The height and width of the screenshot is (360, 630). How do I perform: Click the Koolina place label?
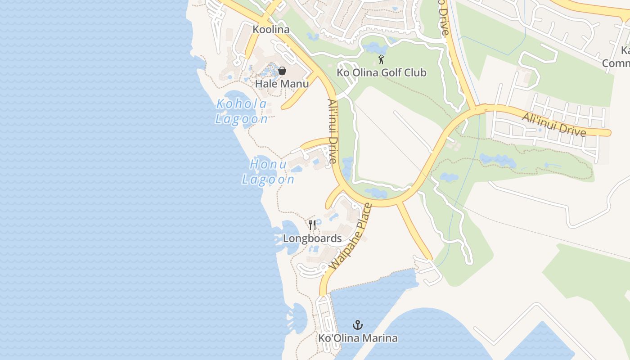271,30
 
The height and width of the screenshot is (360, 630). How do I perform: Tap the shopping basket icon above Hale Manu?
282,71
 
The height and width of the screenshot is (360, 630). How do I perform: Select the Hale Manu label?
282,84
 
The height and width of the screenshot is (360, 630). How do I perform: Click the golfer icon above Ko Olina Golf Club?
381,59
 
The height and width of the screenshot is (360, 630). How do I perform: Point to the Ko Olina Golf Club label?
381,72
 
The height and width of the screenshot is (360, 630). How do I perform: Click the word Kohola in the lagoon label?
242,104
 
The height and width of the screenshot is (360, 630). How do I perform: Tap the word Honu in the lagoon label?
268,165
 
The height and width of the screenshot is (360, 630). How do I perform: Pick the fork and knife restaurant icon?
312,225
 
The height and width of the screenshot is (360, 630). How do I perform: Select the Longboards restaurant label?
312,238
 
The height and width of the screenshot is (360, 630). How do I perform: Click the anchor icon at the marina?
358,325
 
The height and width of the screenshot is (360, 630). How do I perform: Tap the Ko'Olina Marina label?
358,338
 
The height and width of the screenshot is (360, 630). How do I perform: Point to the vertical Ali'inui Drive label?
333,131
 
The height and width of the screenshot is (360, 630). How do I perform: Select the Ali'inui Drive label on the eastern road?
553,125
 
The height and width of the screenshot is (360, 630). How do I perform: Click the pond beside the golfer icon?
375,47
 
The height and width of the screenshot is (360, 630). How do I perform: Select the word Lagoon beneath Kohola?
242,119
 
